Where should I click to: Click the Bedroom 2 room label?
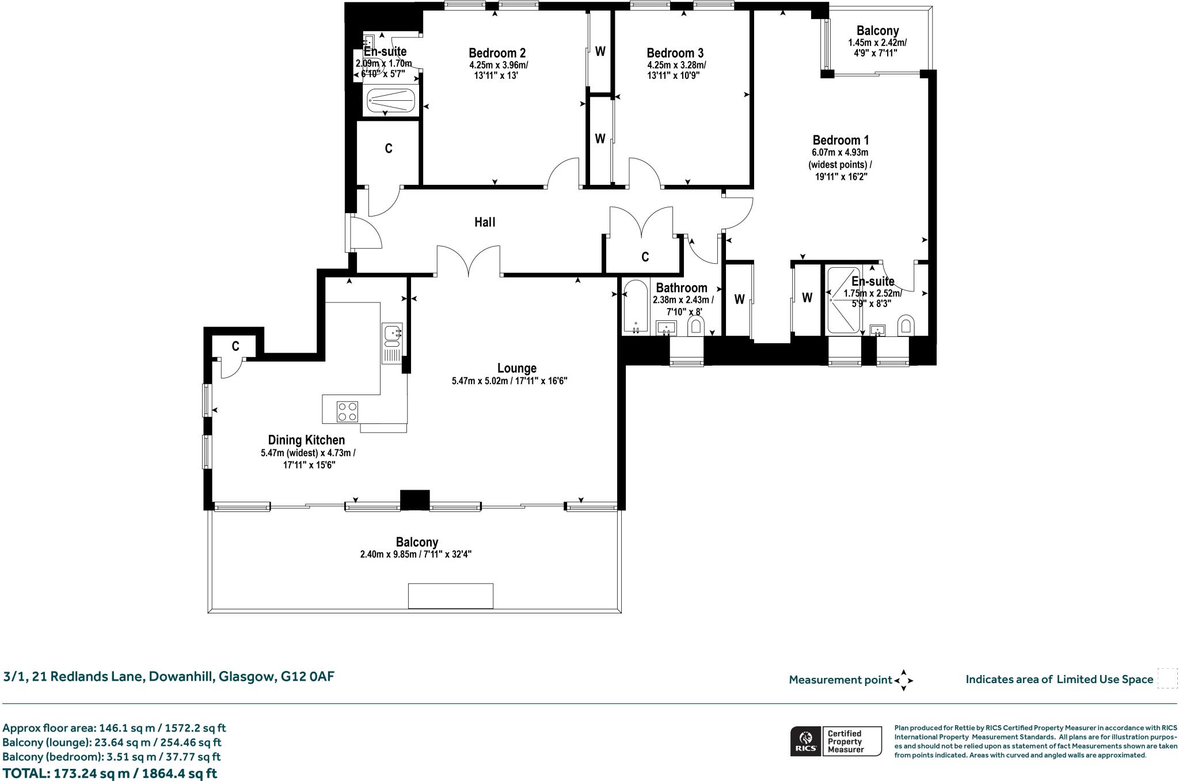click(x=497, y=53)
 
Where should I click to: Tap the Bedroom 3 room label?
click(x=675, y=53)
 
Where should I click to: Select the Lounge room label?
click(x=517, y=368)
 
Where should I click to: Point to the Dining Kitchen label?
click(x=306, y=440)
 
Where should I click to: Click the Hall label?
click(x=485, y=222)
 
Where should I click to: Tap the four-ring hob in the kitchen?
click(x=347, y=412)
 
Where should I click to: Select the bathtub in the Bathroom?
click(x=636, y=306)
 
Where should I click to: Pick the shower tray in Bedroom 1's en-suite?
click(x=843, y=301)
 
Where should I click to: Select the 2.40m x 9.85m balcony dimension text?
click(x=416, y=555)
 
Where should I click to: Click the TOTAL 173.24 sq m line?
click(x=109, y=773)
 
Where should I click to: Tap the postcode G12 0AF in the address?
click(x=307, y=676)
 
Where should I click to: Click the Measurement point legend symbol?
click(x=903, y=680)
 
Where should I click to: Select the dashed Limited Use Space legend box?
click(x=1167, y=678)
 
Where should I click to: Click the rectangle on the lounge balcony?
click(x=451, y=596)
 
